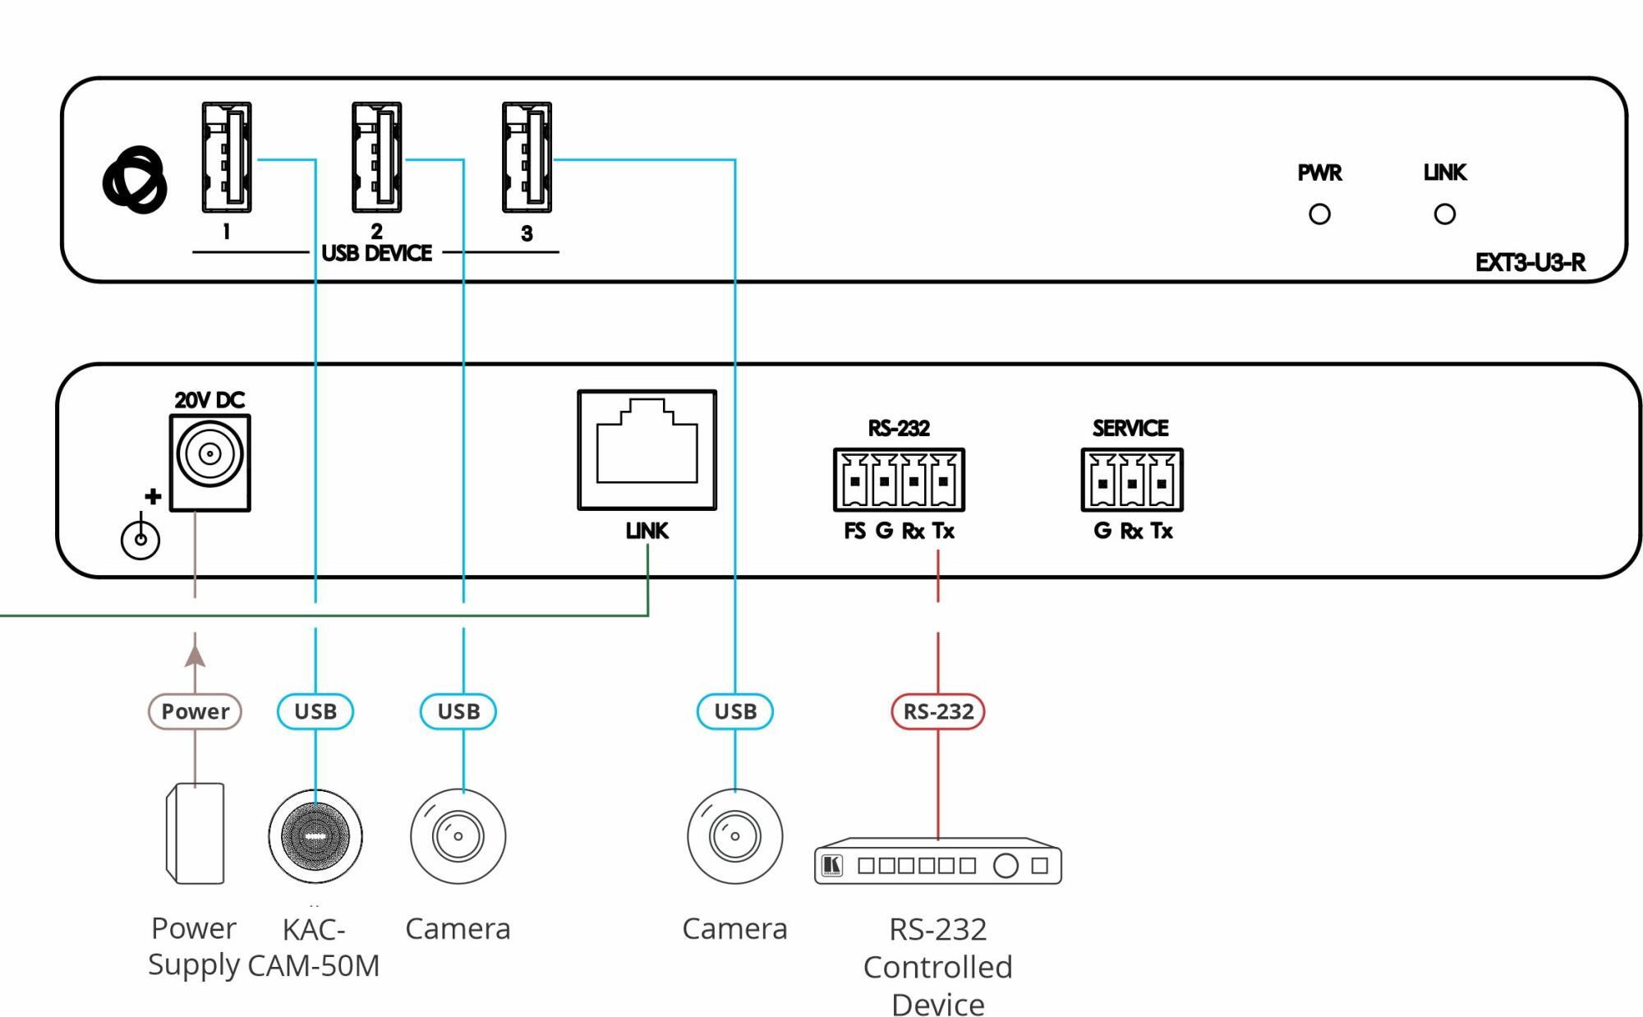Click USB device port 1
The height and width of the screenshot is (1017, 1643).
click(x=227, y=157)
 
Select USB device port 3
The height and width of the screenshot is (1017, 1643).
click(x=527, y=157)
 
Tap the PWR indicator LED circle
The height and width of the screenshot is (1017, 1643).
click(x=1319, y=214)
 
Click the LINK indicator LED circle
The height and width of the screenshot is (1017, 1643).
click(x=1444, y=214)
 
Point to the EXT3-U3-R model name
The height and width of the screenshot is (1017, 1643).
click(x=1530, y=263)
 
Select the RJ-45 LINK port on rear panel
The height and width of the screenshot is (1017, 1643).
click(x=647, y=449)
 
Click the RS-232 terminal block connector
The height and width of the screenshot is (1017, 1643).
click(x=899, y=480)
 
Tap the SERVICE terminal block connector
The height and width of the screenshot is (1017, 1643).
click(x=1132, y=480)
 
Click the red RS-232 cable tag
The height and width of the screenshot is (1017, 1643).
click(x=938, y=711)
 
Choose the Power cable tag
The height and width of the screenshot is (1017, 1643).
click(x=195, y=711)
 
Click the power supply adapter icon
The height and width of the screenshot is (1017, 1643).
click(x=196, y=834)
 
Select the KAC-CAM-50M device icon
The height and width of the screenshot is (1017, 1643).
click(x=315, y=836)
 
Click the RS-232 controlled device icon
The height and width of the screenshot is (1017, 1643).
click(x=938, y=862)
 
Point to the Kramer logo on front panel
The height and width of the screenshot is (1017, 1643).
click(x=135, y=180)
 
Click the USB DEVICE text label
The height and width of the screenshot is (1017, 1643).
click(x=376, y=253)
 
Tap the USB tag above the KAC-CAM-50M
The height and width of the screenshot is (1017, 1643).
click(x=315, y=711)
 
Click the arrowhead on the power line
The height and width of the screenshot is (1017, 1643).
click(x=195, y=656)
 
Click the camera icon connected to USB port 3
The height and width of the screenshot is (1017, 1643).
click(x=734, y=836)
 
